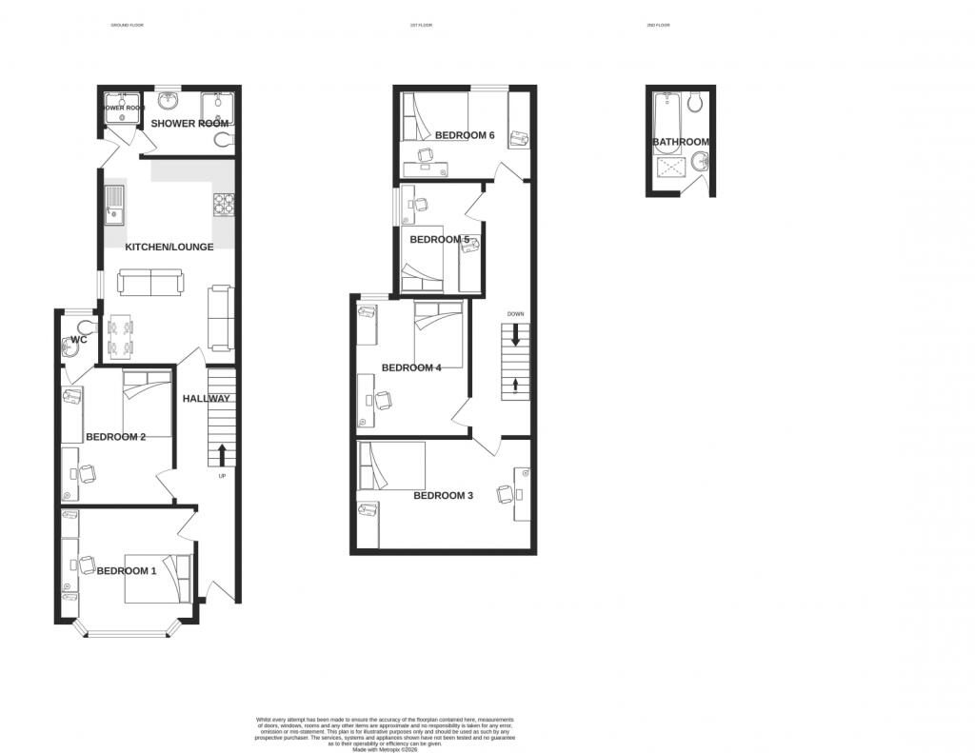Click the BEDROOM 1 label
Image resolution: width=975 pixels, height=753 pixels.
(127, 571)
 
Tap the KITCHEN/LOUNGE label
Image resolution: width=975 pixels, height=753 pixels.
(169, 248)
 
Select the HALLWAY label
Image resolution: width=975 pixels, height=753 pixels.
(207, 399)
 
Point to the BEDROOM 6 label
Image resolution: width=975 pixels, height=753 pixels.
(465, 136)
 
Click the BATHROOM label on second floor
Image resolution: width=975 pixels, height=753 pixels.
(681, 143)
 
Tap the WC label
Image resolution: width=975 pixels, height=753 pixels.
(79, 340)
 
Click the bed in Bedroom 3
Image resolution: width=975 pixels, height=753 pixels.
(391, 466)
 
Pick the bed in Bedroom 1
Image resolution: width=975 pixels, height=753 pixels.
(158, 578)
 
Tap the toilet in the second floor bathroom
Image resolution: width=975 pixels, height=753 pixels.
(695, 101)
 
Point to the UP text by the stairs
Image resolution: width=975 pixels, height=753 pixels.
(223, 476)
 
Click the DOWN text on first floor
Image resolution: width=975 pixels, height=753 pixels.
(515, 314)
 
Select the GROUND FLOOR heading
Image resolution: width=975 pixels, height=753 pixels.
(127, 25)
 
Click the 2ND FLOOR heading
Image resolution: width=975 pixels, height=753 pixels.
(658, 25)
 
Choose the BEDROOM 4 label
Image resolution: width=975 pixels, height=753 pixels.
(411, 368)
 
